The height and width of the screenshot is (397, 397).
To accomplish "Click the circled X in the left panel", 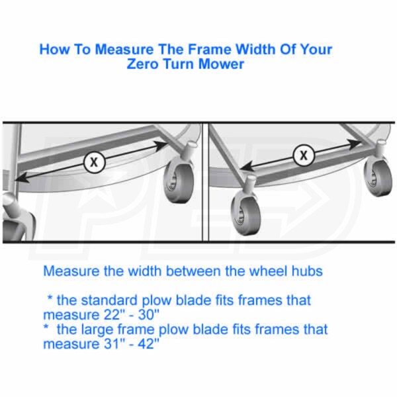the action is click(94, 162).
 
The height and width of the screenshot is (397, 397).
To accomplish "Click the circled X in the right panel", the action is click(304, 155).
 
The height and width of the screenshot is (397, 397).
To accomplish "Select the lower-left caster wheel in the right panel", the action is click(245, 212).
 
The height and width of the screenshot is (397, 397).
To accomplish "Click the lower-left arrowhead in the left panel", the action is click(22, 178).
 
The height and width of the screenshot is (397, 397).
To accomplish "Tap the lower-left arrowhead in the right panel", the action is click(247, 167).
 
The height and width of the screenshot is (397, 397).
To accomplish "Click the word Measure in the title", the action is click(124, 49).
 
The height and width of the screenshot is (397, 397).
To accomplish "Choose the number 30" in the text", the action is click(149, 315).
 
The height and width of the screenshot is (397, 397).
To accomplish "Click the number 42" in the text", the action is click(149, 344).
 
